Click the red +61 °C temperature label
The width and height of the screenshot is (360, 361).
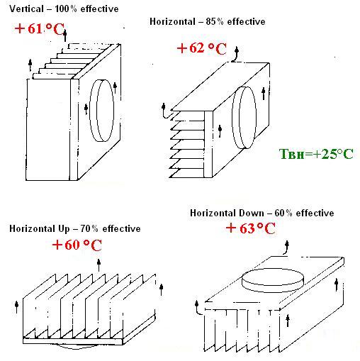(39, 29)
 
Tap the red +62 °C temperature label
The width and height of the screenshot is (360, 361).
(201, 48)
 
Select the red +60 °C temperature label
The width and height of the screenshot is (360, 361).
(77, 245)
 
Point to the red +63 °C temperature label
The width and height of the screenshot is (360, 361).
(250, 228)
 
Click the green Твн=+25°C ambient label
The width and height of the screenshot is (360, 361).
(316, 154)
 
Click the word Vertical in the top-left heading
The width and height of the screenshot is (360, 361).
(26, 9)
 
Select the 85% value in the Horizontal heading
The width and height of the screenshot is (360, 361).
(214, 21)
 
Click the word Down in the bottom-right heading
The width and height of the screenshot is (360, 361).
(252, 213)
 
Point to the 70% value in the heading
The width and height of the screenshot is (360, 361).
(89, 228)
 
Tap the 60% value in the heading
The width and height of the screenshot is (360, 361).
(283, 213)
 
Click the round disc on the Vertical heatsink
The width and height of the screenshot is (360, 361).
(101, 111)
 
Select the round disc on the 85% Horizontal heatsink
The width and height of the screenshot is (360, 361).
(244, 118)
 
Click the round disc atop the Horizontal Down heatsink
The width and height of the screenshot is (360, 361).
(273, 280)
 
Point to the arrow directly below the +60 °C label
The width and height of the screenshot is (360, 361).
(99, 265)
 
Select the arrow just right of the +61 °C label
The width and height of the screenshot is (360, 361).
(65, 35)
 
